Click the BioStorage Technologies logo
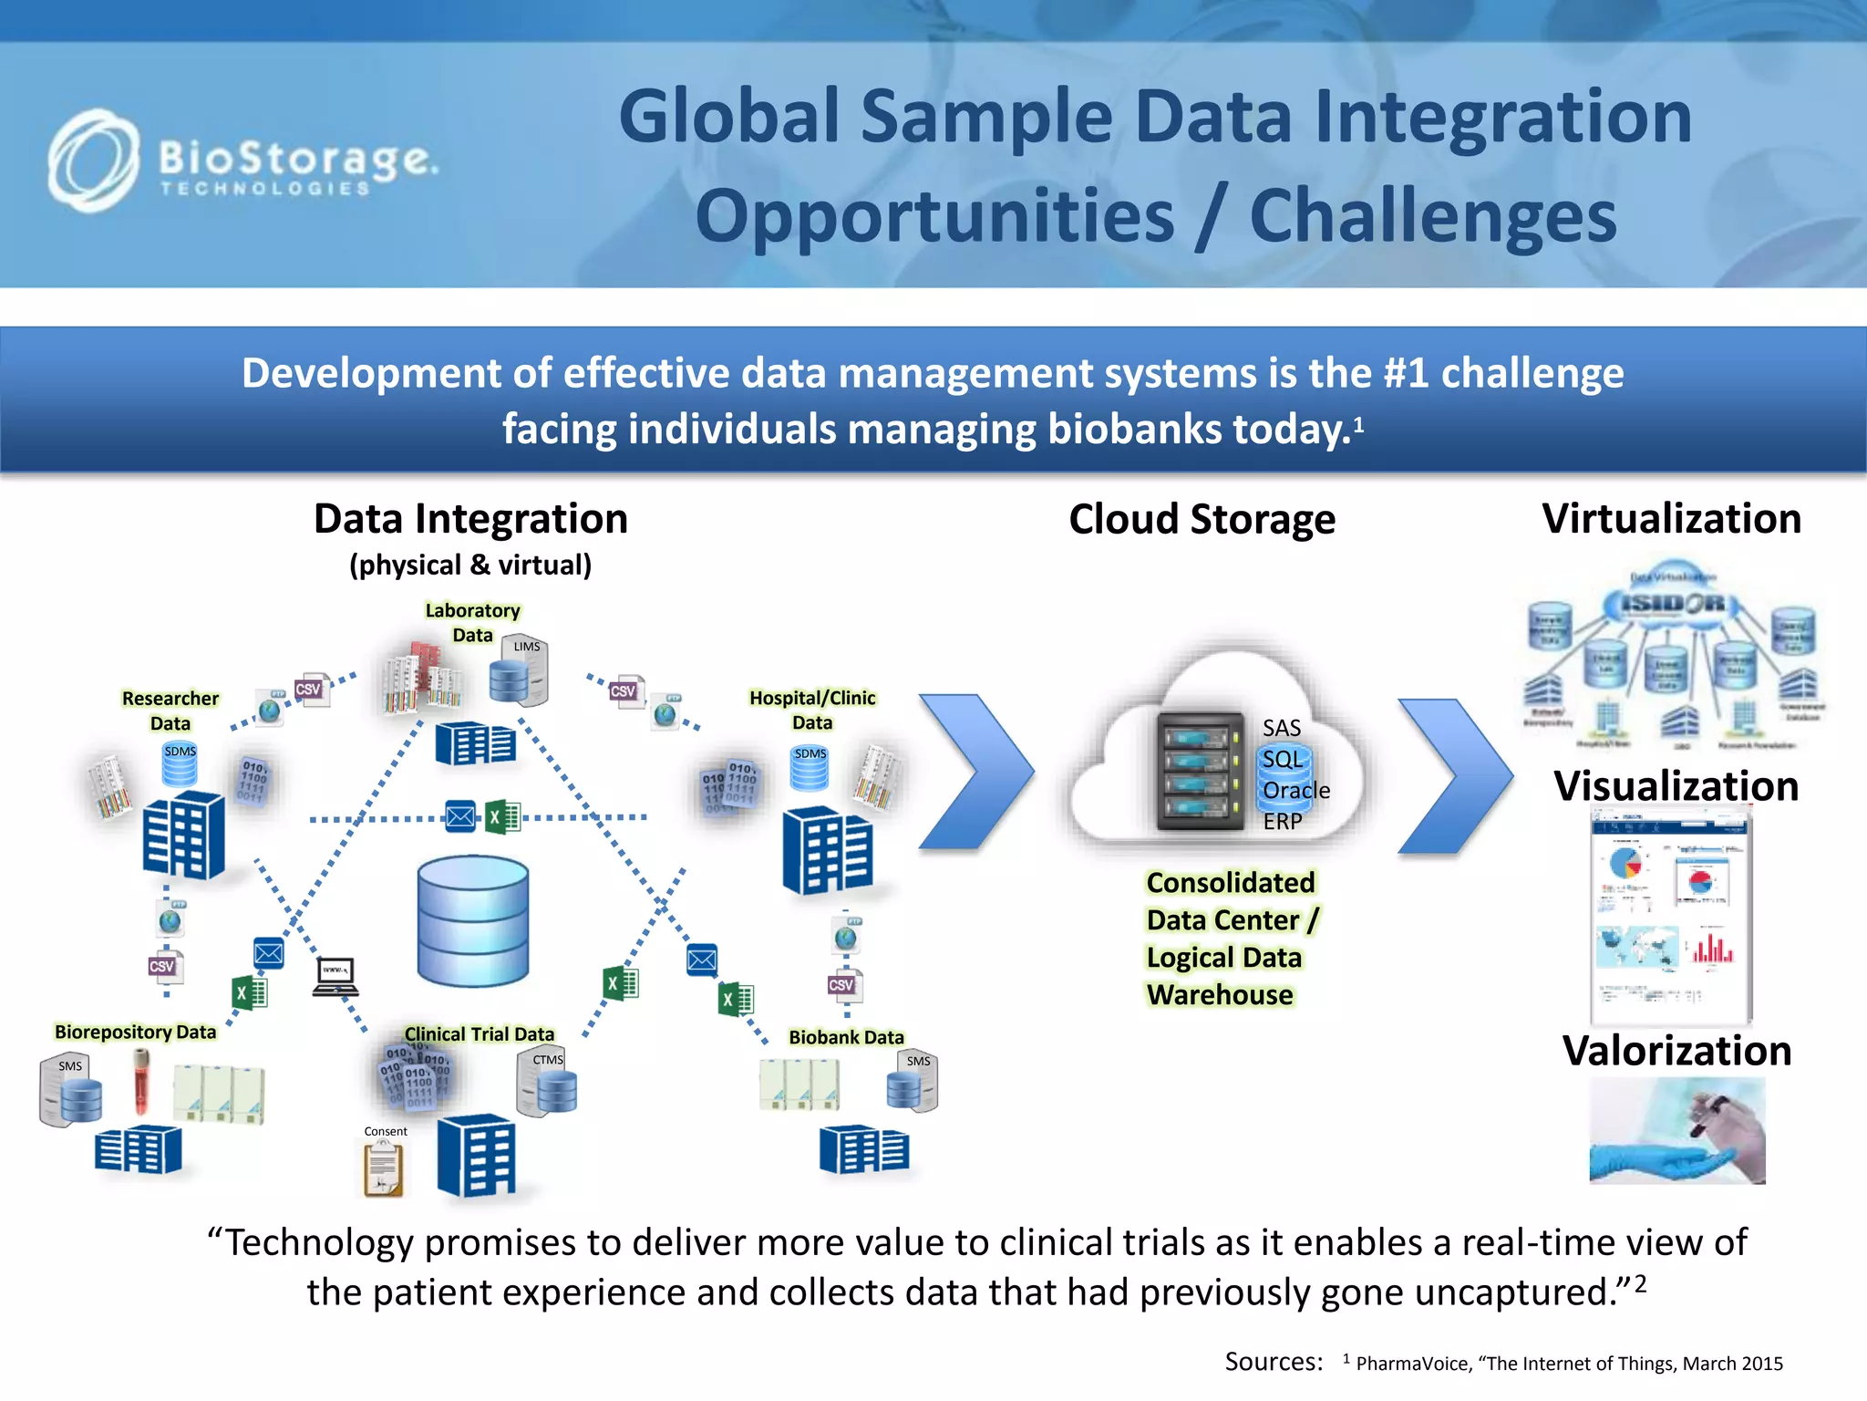click(242, 162)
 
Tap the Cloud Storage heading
click(1202, 520)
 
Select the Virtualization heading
click(1670, 519)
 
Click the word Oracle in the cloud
click(1295, 790)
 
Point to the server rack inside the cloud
click(1200, 772)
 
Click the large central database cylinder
click(472, 920)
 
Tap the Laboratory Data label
click(472, 622)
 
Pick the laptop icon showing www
click(335, 976)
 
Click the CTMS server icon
click(547, 1084)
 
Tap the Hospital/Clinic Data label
click(811, 710)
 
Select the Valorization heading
click(1676, 1051)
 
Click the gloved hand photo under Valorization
click(1676, 1131)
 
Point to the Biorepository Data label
click(135, 1032)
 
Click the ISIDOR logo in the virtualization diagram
click(1672, 604)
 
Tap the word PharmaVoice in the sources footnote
click(1412, 1364)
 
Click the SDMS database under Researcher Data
click(180, 766)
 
